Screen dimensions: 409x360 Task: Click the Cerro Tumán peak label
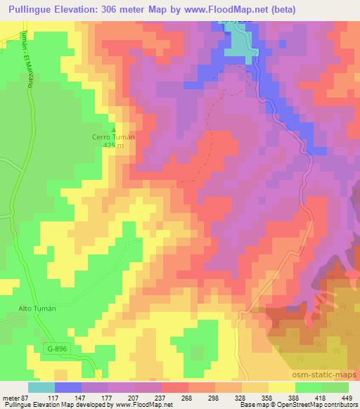113,137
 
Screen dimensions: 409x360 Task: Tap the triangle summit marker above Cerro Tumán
113,129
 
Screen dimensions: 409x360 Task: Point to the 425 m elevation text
113,145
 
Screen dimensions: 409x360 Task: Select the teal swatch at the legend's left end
41,387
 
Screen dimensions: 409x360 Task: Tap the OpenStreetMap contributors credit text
312,405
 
